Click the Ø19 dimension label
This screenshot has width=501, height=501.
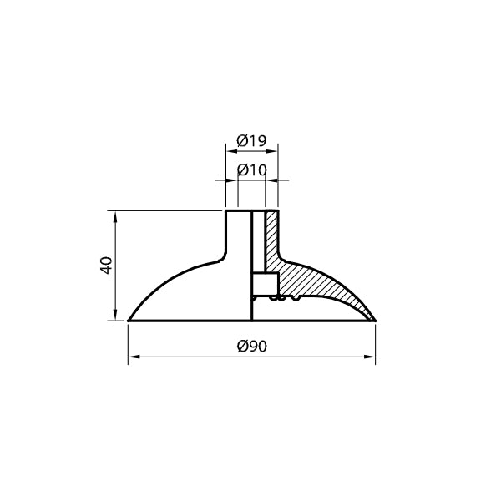pyautogui.click(x=251, y=140)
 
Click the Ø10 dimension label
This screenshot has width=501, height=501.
pyautogui.click(x=252, y=170)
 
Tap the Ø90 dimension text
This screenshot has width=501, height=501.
pyautogui.click(x=252, y=346)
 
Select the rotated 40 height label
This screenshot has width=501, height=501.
pyautogui.click(x=106, y=266)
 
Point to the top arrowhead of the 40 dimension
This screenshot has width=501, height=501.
pyautogui.click(x=115, y=216)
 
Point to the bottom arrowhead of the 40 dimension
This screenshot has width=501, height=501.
pyautogui.click(x=115, y=315)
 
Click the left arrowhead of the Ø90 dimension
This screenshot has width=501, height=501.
pyautogui.click(x=134, y=357)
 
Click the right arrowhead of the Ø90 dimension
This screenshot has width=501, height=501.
pyautogui.click(x=370, y=357)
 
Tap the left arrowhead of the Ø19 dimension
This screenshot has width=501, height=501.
pyautogui.click(x=231, y=151)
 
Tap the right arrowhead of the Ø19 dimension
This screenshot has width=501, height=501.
pyautogui.click(x=272, y=151)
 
